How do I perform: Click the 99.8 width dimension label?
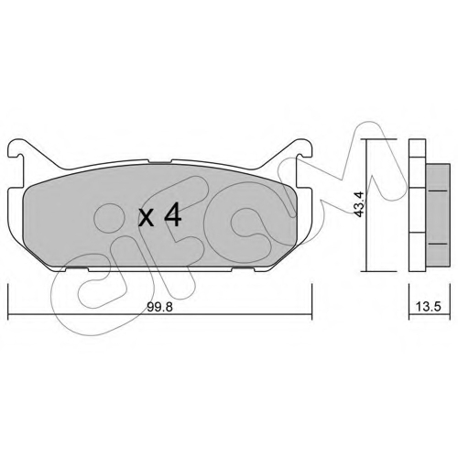tap(159, 307)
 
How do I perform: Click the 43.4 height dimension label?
tap(359, 204)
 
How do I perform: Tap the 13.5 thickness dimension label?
tap(429, 307)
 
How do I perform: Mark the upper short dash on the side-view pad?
tap(438, 191)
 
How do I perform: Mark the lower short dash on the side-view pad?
tap(438, 245)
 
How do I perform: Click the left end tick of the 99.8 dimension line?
tap(8, 301)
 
